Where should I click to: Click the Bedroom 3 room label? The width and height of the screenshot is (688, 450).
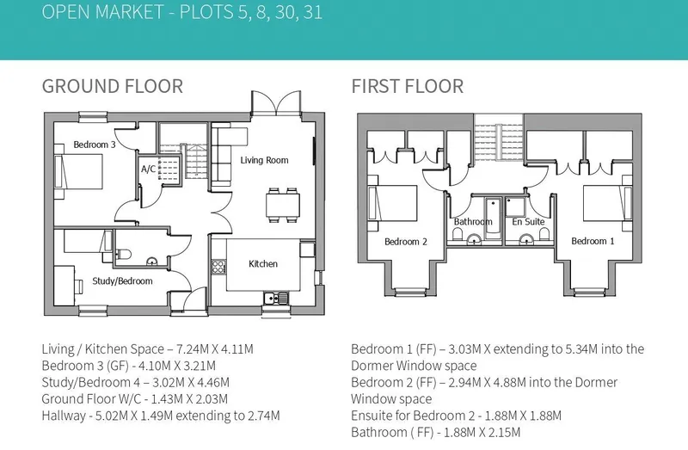95,145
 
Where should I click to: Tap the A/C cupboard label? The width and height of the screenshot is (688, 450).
148,169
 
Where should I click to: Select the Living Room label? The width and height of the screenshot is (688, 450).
264,160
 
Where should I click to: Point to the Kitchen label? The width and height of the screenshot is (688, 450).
263,264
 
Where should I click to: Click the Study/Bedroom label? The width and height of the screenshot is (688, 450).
122,281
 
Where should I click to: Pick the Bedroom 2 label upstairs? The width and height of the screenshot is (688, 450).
405,242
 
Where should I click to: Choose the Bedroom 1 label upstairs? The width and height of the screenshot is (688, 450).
593,241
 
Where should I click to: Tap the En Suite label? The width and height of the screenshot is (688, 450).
528,222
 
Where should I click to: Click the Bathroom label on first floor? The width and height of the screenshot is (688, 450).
473,222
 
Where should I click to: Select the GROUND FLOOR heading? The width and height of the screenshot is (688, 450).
113,86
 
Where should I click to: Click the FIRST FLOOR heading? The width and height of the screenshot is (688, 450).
407,86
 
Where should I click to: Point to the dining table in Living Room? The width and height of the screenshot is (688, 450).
283,205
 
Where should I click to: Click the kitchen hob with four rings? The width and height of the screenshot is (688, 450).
218,267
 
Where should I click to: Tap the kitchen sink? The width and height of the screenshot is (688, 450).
276,299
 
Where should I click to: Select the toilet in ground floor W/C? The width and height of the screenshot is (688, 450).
124,254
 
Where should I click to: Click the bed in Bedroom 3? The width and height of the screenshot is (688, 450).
78,172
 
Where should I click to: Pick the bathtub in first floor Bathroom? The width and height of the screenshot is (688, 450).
493,219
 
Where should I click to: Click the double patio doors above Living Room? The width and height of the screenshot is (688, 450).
276,103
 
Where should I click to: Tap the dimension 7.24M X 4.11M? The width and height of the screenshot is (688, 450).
214,349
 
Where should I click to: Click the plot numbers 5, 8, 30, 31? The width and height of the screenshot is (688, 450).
280,12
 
